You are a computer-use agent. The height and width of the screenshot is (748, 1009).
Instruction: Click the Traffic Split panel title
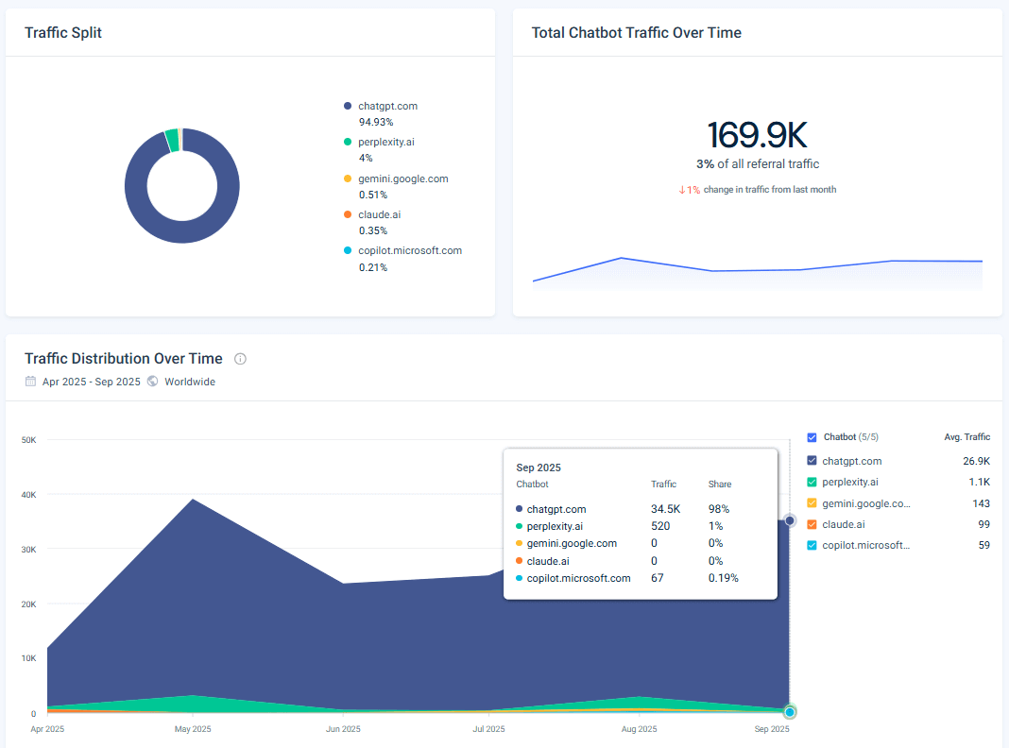(63, 33)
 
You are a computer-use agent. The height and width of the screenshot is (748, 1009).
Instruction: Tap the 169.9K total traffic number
(757, 135)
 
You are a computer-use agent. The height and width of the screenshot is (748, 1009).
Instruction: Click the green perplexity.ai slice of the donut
(172, 140)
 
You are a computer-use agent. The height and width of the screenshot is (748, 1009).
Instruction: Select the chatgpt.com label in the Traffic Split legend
(387, 106)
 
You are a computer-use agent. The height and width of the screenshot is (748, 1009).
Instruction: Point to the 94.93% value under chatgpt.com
(375, 122)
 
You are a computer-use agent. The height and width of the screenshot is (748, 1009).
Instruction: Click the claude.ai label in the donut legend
(380, 214)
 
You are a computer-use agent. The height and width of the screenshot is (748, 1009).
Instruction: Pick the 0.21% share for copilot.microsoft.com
(372, 267)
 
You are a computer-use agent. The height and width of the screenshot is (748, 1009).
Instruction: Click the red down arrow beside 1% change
(681, 190)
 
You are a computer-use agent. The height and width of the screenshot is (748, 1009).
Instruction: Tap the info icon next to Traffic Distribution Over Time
(240, 359)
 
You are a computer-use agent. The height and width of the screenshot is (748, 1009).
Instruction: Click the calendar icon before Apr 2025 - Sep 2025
(30, 382)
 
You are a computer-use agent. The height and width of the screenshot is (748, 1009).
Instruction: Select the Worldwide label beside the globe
(190, 382)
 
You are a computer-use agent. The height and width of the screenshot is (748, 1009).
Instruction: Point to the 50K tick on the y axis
(28, 440)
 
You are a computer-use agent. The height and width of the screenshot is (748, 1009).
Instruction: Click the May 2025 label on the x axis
(193, 729)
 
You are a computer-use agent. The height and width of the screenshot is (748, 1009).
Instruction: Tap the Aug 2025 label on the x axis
(639, 729)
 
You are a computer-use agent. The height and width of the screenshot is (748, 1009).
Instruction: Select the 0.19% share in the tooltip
(723, 578)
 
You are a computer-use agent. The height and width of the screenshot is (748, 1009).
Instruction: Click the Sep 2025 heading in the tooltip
(539, 467)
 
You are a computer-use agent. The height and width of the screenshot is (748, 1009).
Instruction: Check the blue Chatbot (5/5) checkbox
(812, 437)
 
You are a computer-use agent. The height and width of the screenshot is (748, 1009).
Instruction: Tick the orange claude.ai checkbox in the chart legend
(812, 524)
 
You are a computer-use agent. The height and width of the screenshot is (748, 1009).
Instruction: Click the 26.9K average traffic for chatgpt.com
(976, 461)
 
